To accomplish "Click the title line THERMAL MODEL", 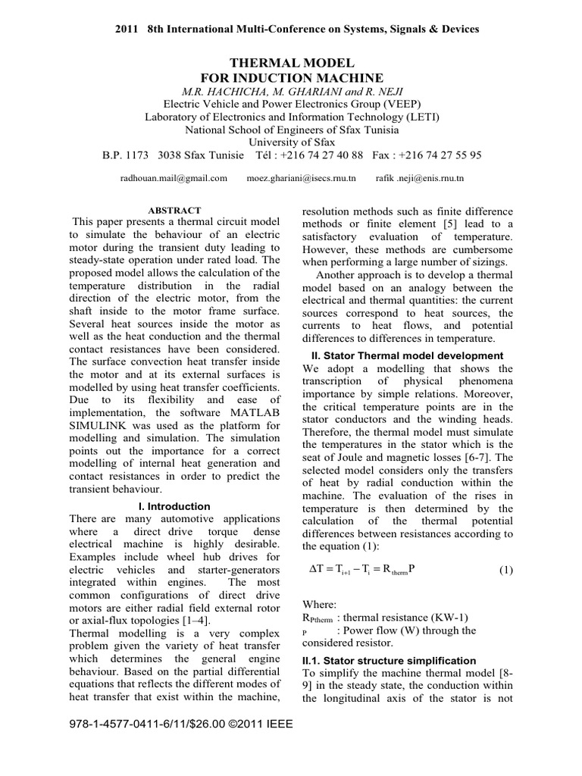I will [x=292, y=63].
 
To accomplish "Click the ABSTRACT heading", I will [x=174, y=210].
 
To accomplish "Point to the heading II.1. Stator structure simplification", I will [x=389, y=661].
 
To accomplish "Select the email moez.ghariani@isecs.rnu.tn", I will [x=302, y=178].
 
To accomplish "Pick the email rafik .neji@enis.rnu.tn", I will [x=420, y=178].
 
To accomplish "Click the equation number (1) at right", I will [x=506, y=570].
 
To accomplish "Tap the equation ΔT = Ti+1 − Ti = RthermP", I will [x=365, y=571].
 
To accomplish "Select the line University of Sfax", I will [x=291, y=141].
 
